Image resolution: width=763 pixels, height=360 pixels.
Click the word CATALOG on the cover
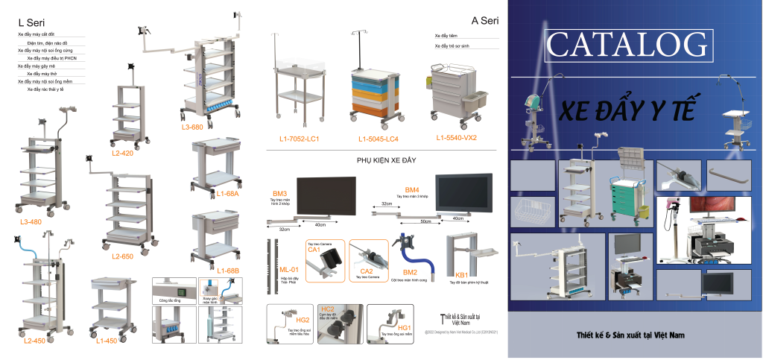coord(625,44)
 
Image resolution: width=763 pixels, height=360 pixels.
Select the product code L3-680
coord(191,127)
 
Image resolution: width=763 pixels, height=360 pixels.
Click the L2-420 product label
coord(123,153)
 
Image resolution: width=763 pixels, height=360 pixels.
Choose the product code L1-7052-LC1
coord(299,139)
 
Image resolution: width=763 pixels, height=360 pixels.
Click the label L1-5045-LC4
coord(378,139)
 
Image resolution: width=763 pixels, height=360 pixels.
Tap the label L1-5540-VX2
coord(457,138)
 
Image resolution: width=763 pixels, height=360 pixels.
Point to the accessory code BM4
coord(412,189)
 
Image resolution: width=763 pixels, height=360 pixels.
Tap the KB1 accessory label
coord(461,274)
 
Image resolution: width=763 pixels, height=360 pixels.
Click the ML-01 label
coord(288,269)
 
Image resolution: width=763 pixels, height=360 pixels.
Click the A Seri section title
coord(484,21)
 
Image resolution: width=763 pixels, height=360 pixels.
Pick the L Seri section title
coord(31,24)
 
